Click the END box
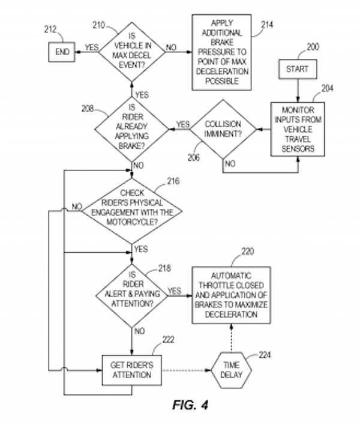63,52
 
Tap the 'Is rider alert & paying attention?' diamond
133,294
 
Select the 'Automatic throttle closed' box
231,294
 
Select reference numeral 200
311,46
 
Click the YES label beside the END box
92,47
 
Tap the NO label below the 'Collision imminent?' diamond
229,163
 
